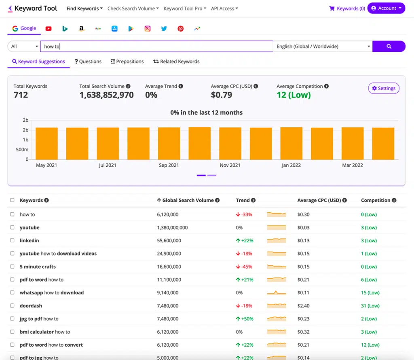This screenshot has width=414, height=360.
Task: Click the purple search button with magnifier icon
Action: (x=389, y=47)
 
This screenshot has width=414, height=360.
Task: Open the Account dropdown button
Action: (x=386, y=8)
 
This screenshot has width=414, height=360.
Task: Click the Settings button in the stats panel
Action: (x=384, y=89)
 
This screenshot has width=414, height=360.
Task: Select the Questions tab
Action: (x=88, y=61)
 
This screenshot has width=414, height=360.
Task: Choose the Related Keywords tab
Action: (x=176, y=61)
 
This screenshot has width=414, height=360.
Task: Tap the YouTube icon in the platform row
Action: (x=49, y=29)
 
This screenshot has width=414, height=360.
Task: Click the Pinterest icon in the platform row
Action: (x=180, y=29)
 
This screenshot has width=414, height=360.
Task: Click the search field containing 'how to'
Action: (x=156, y=47)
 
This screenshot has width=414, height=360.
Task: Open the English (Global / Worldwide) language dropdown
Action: (x=323, y=47)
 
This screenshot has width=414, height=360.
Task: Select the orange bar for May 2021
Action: (x=46, y=144)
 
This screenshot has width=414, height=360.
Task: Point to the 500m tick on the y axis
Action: (x=22, y=150)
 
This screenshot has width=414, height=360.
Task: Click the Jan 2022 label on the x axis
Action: (x=291, y=165)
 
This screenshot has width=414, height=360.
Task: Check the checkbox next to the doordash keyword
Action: (x=12, y=306)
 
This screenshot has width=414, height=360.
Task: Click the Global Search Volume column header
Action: (x=188, y=200)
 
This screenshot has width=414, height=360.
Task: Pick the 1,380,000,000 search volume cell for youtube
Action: (x=172, y=228)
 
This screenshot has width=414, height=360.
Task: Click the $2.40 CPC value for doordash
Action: (x=303, y=306)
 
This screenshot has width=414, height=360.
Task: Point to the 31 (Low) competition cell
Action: (x=370, y=306)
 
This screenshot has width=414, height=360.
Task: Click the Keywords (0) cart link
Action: (x=347, y=8)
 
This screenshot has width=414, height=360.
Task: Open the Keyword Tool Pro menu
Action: (x=185, y=8)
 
